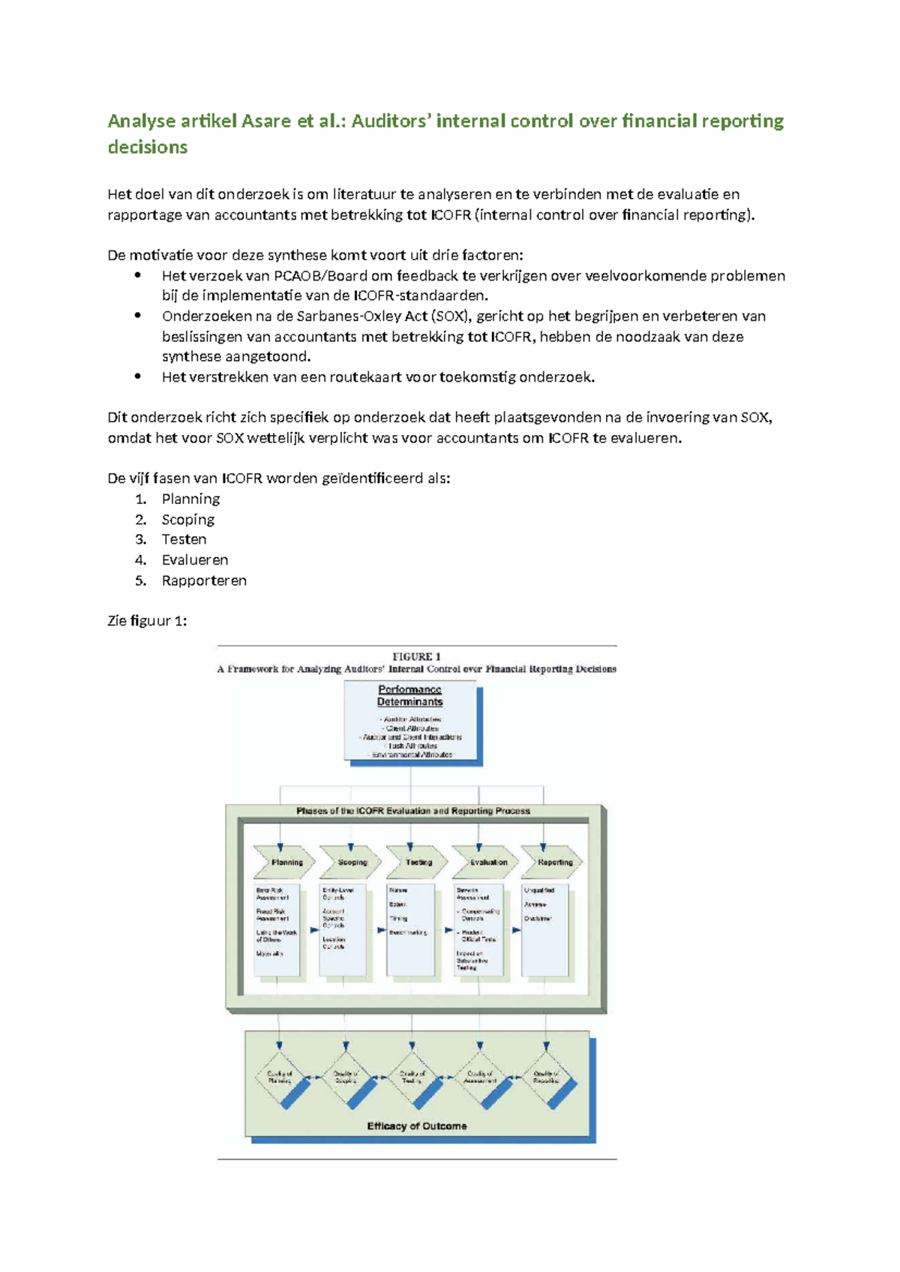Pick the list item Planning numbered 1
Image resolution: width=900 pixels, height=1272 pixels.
[x=190, y=499]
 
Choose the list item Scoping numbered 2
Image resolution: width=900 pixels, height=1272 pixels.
[x=187, y=519]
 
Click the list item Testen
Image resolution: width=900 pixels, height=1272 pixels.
[x=184, y=539]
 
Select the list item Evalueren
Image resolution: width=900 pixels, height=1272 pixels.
[x=194, y=559]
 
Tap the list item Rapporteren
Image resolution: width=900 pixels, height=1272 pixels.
[x=204, y=580]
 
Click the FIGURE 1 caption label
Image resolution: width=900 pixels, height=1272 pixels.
[x=416, y=656]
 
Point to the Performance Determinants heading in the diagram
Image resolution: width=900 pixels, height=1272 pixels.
[x=409, y=695]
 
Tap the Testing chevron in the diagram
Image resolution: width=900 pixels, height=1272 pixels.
[x=418, y=862]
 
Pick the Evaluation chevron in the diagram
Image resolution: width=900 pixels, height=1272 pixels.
[x=487, y=862]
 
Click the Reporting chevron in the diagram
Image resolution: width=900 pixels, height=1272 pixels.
[x=553, y=862]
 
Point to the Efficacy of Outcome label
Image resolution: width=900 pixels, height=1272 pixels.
[x=416, y=1126]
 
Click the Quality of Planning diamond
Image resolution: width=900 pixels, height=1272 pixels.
[x=280, y=1078]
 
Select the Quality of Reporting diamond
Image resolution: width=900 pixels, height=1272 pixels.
[x=546, y=1078]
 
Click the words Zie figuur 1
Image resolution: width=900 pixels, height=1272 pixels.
[x=147, y=621]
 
